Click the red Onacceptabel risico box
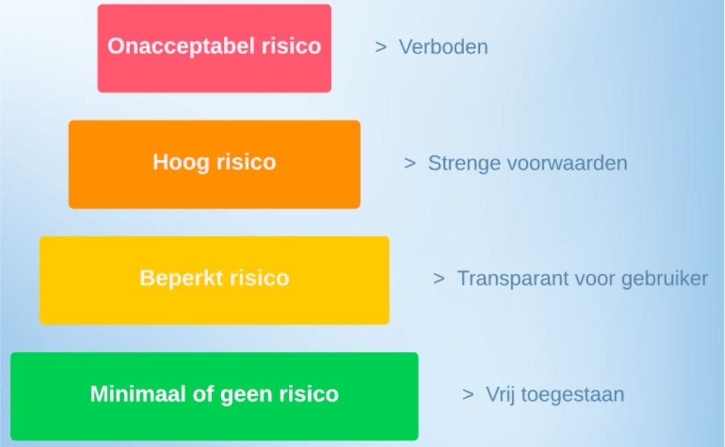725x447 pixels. [x=214, y=48]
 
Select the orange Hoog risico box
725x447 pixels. [x=214, y=164]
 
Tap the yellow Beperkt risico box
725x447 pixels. [x=214, y=280]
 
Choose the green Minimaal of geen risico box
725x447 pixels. [x=214, y=396]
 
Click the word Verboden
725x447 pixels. [x=443, y=47]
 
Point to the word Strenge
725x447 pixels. [x=463, y=164]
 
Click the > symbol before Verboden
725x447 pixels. [x=381, y=47]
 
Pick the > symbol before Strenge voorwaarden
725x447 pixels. [x=409, y=163]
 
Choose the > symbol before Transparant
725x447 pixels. [x=439, y=279]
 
